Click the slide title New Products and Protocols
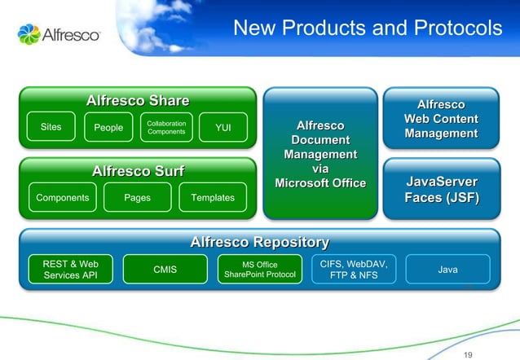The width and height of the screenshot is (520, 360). pos(368,29)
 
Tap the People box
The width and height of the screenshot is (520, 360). pos(108,127)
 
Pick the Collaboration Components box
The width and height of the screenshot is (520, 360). pos(166,127)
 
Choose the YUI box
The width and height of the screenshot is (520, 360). pos(223,127)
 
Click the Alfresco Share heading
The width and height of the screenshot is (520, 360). pos(138,100)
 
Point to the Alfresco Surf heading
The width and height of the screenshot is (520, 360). pos(138,171)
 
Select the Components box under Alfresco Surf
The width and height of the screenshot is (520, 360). pos(63,197)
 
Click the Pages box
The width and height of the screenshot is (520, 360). pos(137,197)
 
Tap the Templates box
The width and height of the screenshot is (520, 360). pos(212,197)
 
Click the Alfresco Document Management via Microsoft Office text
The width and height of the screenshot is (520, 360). pos(319,155)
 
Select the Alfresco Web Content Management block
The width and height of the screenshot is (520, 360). pos(440,119)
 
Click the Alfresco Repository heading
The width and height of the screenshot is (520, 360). pos(259,242)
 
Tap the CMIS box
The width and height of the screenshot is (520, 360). pos(165,270)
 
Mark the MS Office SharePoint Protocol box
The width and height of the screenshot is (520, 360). pos(260,270)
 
